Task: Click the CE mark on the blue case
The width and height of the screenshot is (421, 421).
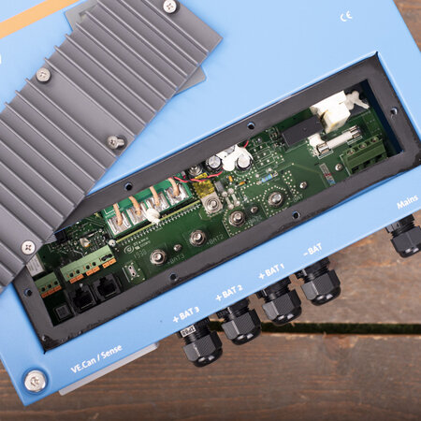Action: (346, 17)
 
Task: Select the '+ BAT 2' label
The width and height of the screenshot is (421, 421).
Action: (228, 293)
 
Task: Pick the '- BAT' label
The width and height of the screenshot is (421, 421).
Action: (312, 250)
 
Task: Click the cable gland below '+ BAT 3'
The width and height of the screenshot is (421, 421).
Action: (201, 343)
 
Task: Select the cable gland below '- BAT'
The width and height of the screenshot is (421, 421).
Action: (320, 283)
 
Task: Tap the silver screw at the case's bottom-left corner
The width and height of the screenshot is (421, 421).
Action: (35, 380)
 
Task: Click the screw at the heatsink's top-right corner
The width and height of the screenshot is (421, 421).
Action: (169, 7)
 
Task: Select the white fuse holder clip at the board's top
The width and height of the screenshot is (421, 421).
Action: (334, 109)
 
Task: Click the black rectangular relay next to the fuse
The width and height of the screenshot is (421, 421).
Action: (298, 132)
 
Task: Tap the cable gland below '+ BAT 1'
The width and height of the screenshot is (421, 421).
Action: (280, 302)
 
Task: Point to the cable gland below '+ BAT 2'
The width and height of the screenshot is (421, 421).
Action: (240, 323)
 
